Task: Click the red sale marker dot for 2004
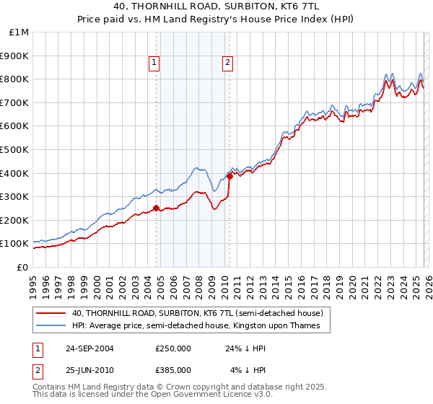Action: click(x=157, y=208)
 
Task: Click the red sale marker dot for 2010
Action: click(x=229, y=175)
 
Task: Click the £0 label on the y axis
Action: click(x=22, y=267)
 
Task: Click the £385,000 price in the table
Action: click(x=172, y=370)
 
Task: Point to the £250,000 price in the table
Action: click(x=172, y=348)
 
